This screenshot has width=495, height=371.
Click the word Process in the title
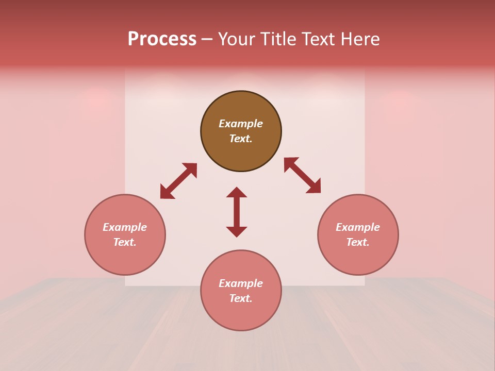click(x=162, y=39)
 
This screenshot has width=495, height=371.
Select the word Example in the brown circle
click(x=241, y=124)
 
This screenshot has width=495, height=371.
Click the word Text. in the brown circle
click(x=241, y=139)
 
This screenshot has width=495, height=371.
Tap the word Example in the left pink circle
click(x=125, y=227)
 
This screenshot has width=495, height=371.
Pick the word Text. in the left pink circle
click(x=125, y=242)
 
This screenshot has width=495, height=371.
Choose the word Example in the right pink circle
click(x=358, y=227)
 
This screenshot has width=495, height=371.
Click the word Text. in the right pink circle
click(x=358, y=242)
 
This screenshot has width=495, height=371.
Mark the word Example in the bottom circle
click(x=241, y=283)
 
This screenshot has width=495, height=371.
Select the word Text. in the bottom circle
click(x=241, y=298)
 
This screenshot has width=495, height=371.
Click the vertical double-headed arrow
click(x=237, y=212)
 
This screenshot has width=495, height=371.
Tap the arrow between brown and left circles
click(x=178, y=181)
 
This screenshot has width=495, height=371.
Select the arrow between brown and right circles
click(x=302, y=175)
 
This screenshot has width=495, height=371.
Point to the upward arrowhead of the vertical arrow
click(x=237, y=192)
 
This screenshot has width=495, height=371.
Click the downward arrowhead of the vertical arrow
click(x=237, y=231)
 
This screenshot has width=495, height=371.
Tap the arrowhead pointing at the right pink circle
click(x=314, y=187)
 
